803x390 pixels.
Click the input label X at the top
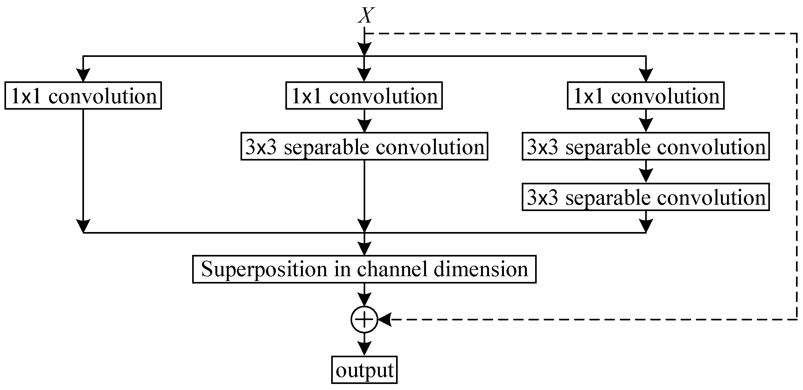click(366, 15)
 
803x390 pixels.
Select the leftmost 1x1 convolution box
click(83, 96)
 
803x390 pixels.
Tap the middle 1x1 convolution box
click(364, 96)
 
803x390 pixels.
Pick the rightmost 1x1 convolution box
click(646, 96)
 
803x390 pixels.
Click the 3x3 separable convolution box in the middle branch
click(364, 147)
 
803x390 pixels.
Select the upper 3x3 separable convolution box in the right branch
click(646, 147)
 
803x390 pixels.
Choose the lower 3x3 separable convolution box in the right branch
click(646, 197)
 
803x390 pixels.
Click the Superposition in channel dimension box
click(364, 269)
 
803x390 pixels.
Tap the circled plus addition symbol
click(364, 319)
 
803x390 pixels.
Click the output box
click(364, 370)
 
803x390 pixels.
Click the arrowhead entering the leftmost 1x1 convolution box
click(83, 76)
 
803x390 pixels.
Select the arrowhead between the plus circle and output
click(364, 349)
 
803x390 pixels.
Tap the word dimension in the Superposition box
click(480, 269)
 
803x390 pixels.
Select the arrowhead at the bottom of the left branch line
click(83, 226)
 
